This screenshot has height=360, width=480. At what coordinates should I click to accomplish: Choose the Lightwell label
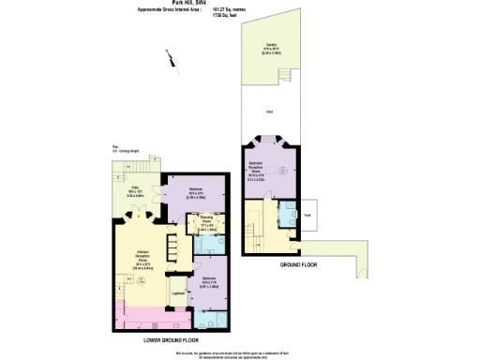click(178, 293)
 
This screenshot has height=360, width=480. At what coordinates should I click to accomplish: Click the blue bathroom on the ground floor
click(289, 213)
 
